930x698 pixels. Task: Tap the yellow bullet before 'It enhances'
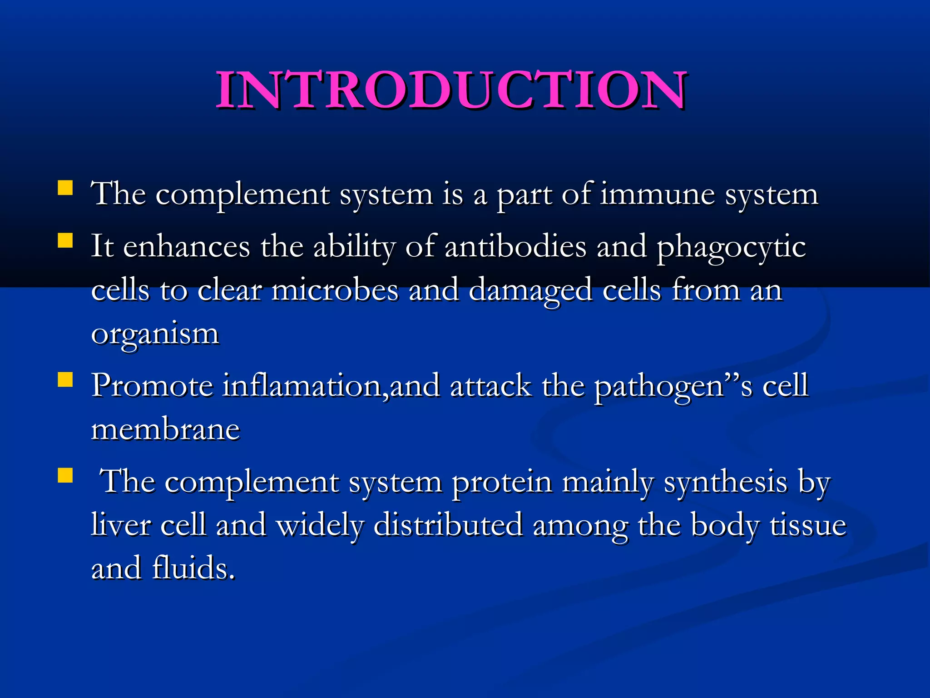click(x=65, y=240)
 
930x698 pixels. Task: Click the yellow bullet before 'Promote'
click(x=65, y=379)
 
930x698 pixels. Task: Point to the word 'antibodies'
click(x=515, y=247)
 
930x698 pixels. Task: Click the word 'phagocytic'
click(x=731, y=248)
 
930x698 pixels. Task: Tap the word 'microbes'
click(x=335, y=290)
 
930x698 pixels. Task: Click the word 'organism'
click(x=155, y=334)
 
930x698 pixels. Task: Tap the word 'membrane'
click(x=165, y=429)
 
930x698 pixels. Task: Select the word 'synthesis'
click(x=725, y=483)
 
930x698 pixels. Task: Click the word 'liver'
click(x=121, y=525)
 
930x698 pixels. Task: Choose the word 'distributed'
click(x=448, y=525)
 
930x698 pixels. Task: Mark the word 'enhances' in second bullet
click(x=186, y=247)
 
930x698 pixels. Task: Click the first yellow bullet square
click(x=65, y=188)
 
